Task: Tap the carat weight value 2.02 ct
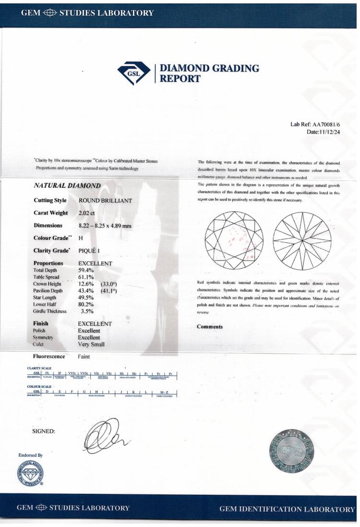[x=87, y=212]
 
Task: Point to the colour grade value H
[x=80, y=238]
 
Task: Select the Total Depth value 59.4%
[x=86, y=270]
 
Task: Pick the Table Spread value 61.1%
[x=86, y=277]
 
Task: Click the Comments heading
[x=210, y=327]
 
